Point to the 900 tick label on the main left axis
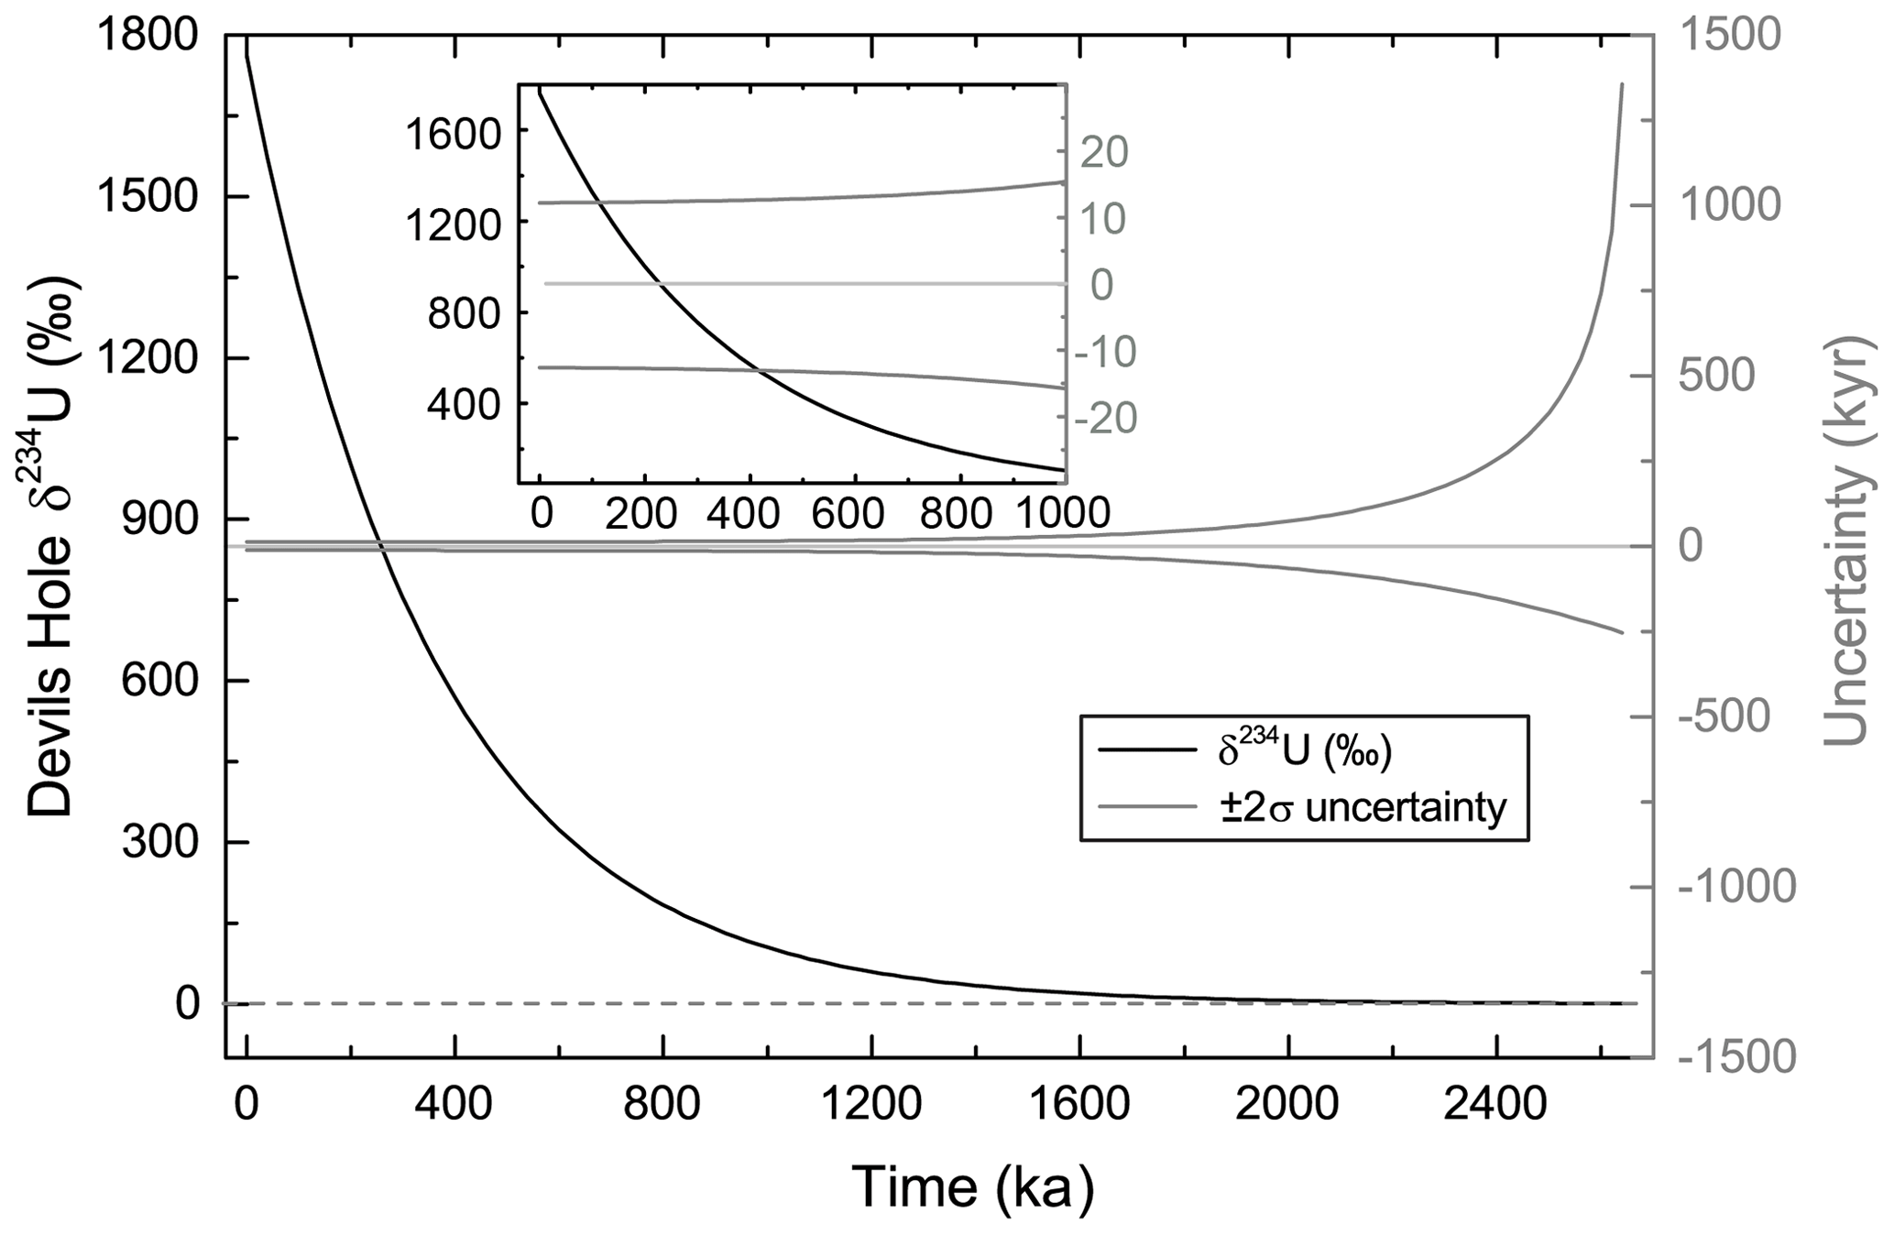coord(160,520)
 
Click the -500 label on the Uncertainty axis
coord(1724,718)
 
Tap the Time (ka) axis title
coord(973,1187)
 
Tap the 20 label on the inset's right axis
coord(1103,152)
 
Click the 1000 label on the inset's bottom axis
coord(1061,514)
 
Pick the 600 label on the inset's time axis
coord(854,514)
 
